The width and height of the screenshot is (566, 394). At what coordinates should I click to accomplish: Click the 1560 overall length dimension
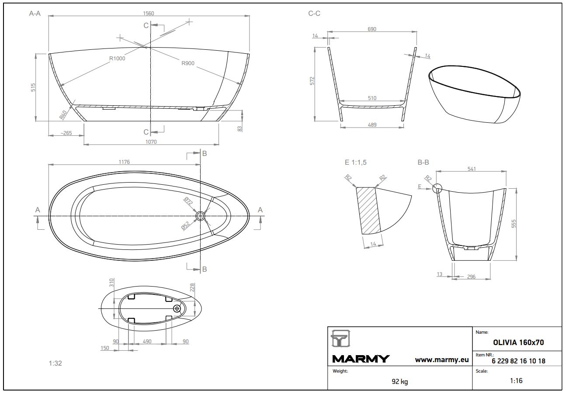tap(148, 14)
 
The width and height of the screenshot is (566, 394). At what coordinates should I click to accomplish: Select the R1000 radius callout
tap(117, 59)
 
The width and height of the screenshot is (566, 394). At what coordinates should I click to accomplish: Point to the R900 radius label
tap(188, 63)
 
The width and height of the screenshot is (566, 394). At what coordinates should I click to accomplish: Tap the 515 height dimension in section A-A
tap(33, 87)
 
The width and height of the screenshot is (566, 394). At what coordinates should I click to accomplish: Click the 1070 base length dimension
tap(151, 142)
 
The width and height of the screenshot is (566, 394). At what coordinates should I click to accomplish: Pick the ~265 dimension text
tap(66, 133)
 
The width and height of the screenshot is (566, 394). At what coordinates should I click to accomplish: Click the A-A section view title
tap(35, 14)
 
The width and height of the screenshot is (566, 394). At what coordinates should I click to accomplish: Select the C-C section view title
tap(314, 14)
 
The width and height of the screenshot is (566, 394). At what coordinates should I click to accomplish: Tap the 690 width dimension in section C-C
tap(372, 29)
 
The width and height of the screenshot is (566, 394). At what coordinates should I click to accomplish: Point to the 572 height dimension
tap(312, 81)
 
